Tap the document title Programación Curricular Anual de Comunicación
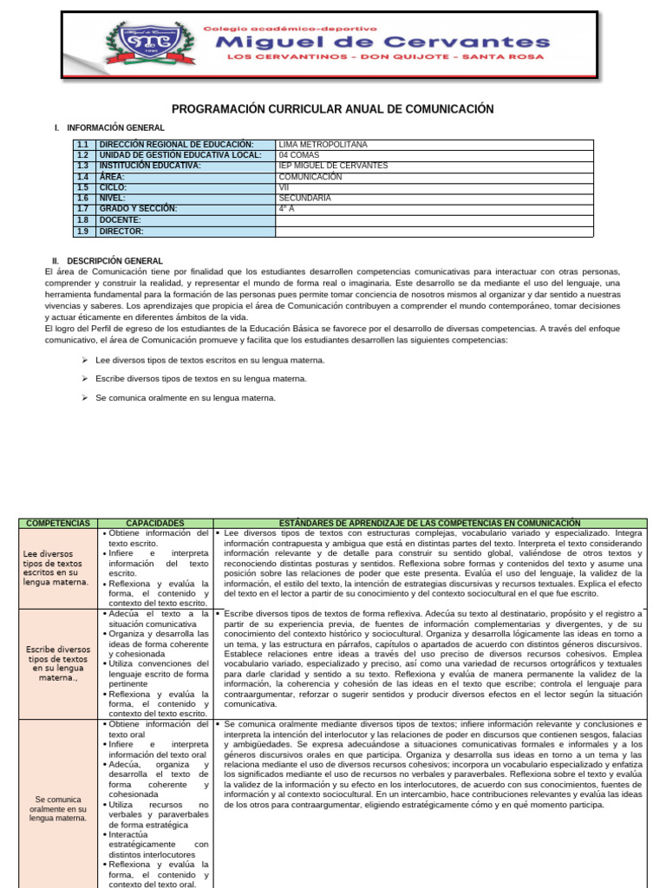point(332,109)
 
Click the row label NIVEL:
point(114,198)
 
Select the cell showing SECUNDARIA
point(304,198)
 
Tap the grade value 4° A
point(287,209)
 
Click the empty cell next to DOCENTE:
point(434,220)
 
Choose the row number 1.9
point(83,232)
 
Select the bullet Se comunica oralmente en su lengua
point(186,398)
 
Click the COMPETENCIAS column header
point(58,523)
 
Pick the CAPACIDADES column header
point(155,523)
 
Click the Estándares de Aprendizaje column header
point(429,523)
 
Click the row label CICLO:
point(114,187)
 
